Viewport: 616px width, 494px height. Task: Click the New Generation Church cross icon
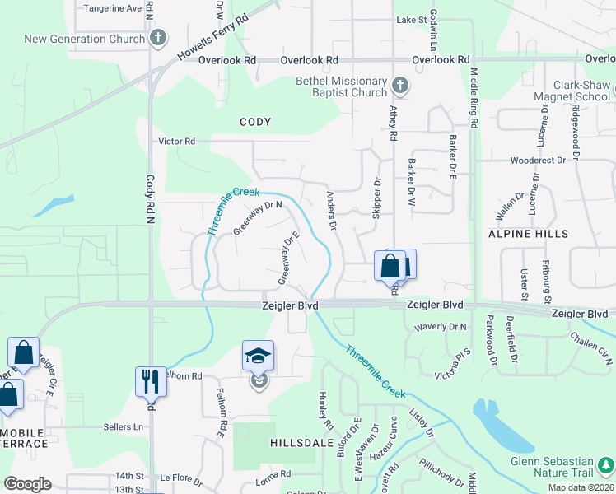158,38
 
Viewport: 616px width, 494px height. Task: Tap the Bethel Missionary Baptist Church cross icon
399,86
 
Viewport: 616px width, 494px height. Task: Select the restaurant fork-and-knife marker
151,381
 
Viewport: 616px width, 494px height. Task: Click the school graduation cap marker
258,357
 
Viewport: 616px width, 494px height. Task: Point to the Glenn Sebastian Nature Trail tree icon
605,466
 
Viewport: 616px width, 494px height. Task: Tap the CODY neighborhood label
255,122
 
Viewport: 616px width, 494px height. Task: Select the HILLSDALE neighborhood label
301,442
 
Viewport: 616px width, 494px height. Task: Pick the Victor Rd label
178,141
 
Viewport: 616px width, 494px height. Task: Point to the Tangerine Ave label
113,8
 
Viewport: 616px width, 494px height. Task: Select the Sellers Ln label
123,426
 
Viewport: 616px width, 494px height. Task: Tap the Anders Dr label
332,210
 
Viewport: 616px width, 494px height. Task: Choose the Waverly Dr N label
440,327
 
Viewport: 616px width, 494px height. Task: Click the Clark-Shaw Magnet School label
570,91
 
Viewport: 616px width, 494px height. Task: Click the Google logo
28,484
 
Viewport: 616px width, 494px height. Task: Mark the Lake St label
411,19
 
